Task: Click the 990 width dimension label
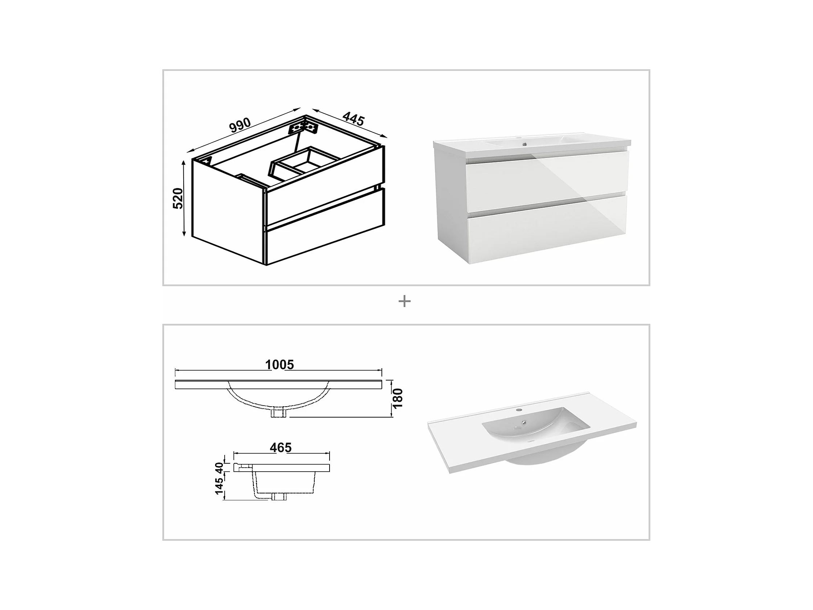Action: coord(240,125)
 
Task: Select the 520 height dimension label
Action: coord(178,198)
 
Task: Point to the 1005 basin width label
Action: coord(279,365)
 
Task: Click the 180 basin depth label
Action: coord(398,398)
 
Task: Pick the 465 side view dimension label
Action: coord(281,447)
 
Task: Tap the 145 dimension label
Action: coord(219,486)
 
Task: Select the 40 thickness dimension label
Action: coord(219,468)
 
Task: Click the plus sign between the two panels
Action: coord(404,301)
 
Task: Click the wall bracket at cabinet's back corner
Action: coord(303,127)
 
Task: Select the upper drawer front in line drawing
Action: coord(325,185)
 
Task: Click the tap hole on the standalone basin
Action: coord(519,409)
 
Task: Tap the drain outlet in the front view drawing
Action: coord(279,413)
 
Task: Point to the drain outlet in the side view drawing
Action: coord(279,497)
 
